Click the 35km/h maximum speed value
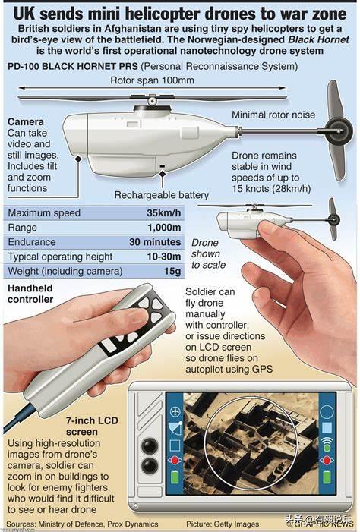click(x=164, y=213)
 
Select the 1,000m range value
click(x=164, y=228)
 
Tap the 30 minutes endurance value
click(x=155, y=242)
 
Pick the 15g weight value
click(x=172, y=272)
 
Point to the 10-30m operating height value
click(x=164, y=257)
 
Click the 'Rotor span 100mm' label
click(x=152, y=80)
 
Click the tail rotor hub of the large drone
click(x=338, y=131)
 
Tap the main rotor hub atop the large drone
click(x=152, y=100)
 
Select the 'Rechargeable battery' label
click(x=162, y=195)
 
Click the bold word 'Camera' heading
click(x=26, y=121)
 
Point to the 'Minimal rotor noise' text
click(x=273, y=115)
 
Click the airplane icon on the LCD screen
click(x=175, y=412)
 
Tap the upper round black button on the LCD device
click(x=150, y=445)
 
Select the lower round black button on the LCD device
click(x=150, y=465)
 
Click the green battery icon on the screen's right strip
click(x=327, y=477)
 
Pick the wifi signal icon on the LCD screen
click(x=327, y=442)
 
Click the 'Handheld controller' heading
click(x=30, y=294)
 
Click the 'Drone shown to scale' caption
click(x=208, y=253)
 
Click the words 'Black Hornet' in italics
click(x=318, y=39)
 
